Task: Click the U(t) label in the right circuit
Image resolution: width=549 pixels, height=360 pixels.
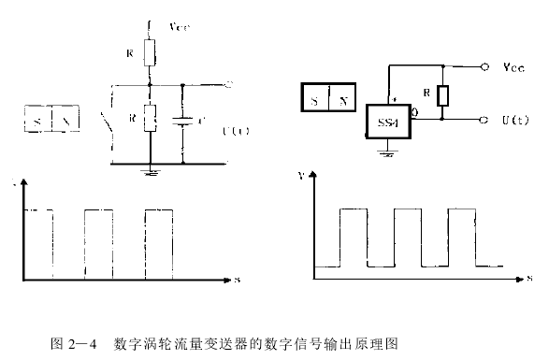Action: coord(516,121)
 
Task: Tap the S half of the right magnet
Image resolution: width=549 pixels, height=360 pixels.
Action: coord(315,98)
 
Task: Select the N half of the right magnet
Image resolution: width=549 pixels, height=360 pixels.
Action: coord(343,98)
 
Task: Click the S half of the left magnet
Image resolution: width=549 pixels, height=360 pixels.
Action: coord(37,122)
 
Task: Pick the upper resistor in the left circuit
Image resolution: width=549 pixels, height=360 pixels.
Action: coord(148,54)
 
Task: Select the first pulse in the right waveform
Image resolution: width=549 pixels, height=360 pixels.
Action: coord(353,238)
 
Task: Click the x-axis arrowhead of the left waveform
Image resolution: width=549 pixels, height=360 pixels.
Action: coord(227,278)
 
